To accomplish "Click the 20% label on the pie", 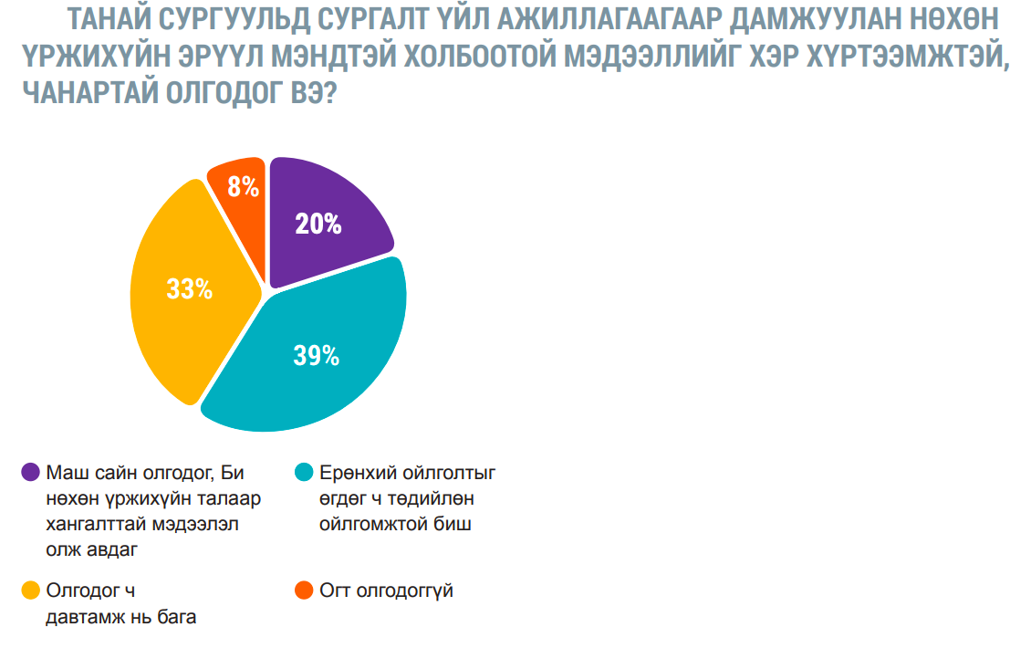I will tap(318, 223).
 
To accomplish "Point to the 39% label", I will tap(316, 355).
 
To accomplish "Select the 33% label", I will tap(189, 289).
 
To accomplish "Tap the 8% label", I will tap(244, 187).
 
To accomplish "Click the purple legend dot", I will tap(31, 472).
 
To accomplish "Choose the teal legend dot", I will tap(305, 472).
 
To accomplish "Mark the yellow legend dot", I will tap(31, 591).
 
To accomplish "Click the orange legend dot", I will tap(305, 591).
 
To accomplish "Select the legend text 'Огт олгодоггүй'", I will tap(386, 591).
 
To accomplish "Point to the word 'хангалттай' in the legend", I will tap(94, 524).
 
